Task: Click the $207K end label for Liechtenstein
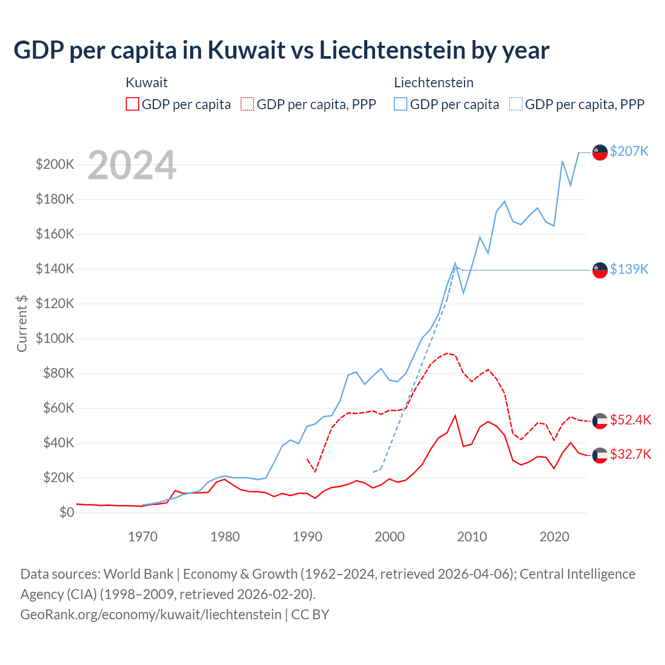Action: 629,151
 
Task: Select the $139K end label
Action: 629,269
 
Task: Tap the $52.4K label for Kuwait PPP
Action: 630,420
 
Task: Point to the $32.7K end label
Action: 630,455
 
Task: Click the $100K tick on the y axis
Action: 55,339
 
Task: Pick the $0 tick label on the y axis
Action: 66,513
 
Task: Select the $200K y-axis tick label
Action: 55,165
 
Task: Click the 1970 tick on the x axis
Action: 143,537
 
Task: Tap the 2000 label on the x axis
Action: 390,537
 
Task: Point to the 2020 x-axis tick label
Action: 554,537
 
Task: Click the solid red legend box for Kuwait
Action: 132,104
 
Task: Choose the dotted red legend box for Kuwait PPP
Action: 247,104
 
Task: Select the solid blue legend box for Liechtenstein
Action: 401,104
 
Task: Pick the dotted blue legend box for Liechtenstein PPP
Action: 516,104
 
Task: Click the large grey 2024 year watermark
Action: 132,166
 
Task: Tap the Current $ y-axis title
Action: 22,323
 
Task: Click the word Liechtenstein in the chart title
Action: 392,50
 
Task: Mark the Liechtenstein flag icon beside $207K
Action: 600,152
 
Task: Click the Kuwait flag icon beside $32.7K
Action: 600,455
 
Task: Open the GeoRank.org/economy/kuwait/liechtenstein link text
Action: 151,615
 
